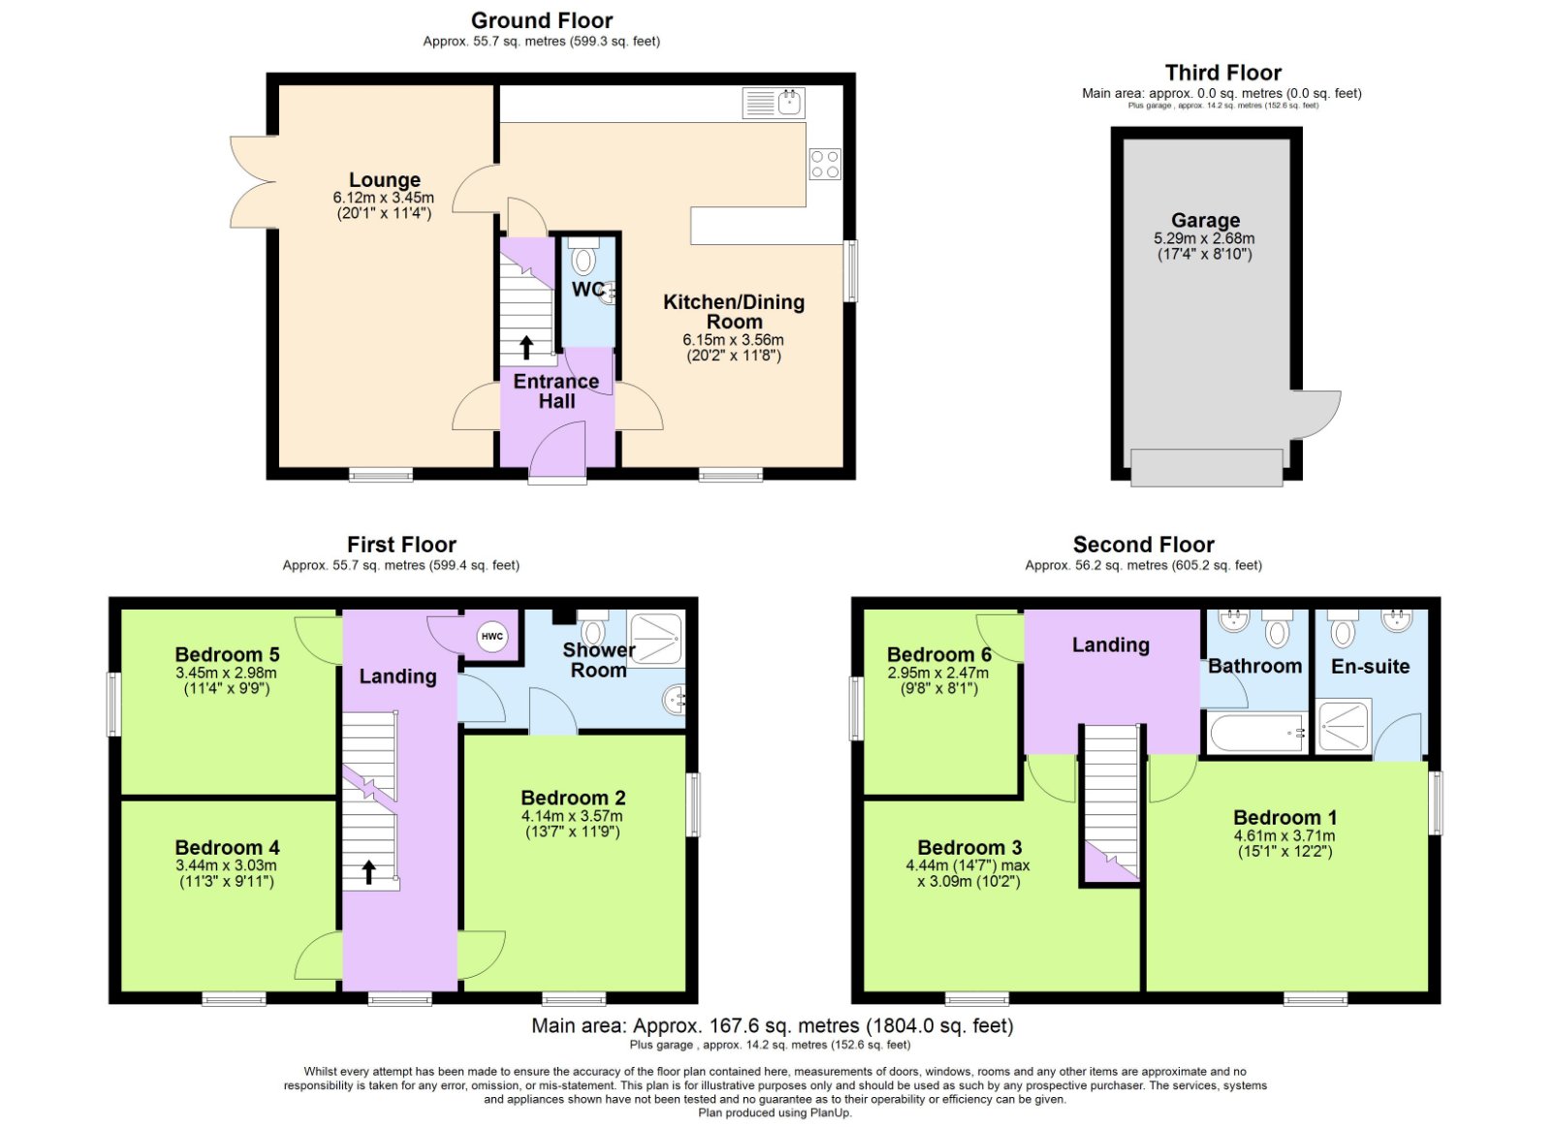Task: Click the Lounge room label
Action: pyautogui.click(x=385, y=180)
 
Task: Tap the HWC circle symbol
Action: pyautogui.click(x=492, y=637)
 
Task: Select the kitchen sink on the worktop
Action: pyautogui.click(x=774, y=103)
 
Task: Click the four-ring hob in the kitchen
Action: pyautogui.click(x=825, y=165)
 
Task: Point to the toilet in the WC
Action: pyautogui.click(x=584, y=259)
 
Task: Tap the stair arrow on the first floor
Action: pyautogui.click(x=368, y=872)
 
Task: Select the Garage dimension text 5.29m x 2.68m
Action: pyautogui.click(x=1204, y=238)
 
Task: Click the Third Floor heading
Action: pyautogui.click(x=1222, y=73)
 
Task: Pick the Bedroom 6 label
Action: pyautogui.click(x=938, y=655)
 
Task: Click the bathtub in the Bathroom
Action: pyautogui.click(x=1255, y=735)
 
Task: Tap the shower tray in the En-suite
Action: pyautogui.click(x=1344, y=727)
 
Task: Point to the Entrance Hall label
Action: pyautogui.click(x=556, y=391)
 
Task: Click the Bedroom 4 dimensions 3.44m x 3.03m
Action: pyautogui.click(x=226, y=865)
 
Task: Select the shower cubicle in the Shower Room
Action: pyautogui.click(x=655, y=637)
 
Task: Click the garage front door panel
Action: pyautogui.click(x=1206, y=467)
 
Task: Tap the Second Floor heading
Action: pyautogui.click(x=1143, y=545)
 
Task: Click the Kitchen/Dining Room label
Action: pyautogui.click(x=734, y=312)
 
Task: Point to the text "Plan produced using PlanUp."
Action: pyautogui.click(x=775, y=1112)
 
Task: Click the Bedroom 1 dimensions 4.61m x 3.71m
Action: pyautogui.click(x=1284, y=835)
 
